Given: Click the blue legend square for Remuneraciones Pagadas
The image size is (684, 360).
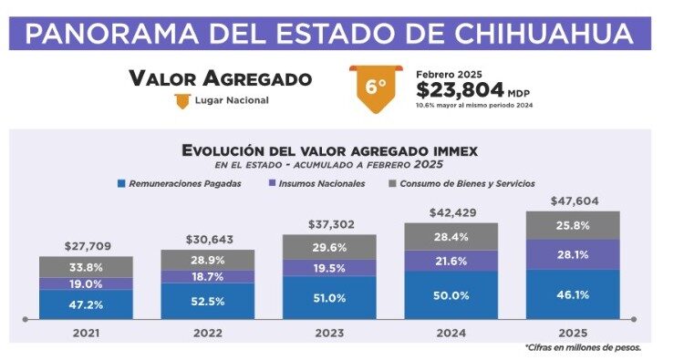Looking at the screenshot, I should coord(122,183).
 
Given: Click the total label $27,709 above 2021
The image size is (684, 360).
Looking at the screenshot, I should coord(86,246).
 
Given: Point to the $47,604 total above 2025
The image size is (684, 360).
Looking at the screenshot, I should coord(572,201).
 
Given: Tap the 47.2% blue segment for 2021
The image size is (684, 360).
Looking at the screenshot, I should coord(86,303).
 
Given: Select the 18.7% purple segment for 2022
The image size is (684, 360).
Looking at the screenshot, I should coord(207,276).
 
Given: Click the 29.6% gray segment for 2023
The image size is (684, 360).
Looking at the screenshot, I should coord(328,246).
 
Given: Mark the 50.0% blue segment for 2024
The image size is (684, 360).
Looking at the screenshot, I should coord(451,294).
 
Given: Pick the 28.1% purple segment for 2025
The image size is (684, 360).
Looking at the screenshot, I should coord(572,254).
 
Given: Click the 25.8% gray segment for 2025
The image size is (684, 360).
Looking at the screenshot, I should coord(572,224).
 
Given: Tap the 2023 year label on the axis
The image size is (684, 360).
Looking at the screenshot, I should coord(328,333).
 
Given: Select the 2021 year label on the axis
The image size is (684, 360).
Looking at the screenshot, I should coord(86,333).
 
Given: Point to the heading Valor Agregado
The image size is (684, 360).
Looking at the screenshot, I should coord(220,78).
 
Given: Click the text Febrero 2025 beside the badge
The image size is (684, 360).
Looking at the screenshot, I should coord(449,73).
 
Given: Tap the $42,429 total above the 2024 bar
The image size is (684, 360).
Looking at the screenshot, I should coord(451,212).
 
